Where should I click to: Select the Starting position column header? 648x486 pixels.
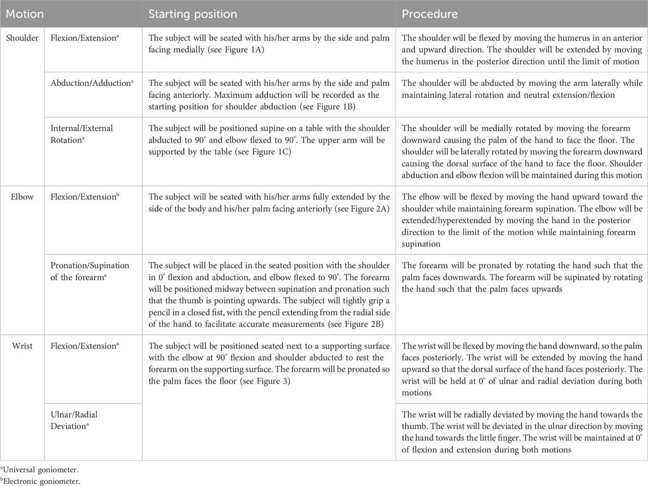click(192, 13)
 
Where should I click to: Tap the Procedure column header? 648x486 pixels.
click(430, 13)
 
